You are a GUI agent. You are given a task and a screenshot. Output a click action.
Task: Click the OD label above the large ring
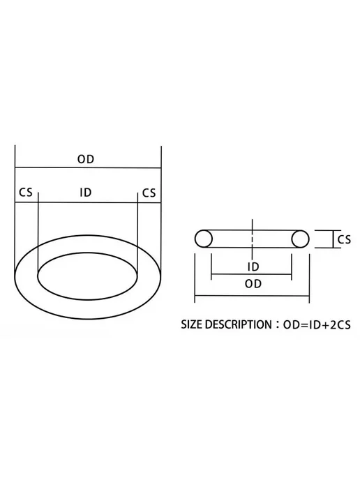click(x=86, y=159)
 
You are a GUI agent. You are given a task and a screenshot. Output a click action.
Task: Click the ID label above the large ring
click(x=86, y=193)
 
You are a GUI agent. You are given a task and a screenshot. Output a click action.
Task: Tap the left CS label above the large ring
click(x=25, y=193)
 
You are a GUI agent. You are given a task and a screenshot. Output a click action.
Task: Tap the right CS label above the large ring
click(x=149, y=193)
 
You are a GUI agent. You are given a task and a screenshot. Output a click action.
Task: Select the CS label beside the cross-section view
click(x=344, y=239)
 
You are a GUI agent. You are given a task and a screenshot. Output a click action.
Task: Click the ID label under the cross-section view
click(x=253, y=267)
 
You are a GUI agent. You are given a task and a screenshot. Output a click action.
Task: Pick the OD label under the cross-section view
click(x=253, y=284)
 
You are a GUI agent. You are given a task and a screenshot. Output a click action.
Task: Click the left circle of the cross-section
click(x=203, y=239)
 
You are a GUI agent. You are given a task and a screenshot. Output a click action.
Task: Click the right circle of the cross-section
click(x=300, y=239)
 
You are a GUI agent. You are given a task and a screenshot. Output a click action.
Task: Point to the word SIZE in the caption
click(x=191, y=324)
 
